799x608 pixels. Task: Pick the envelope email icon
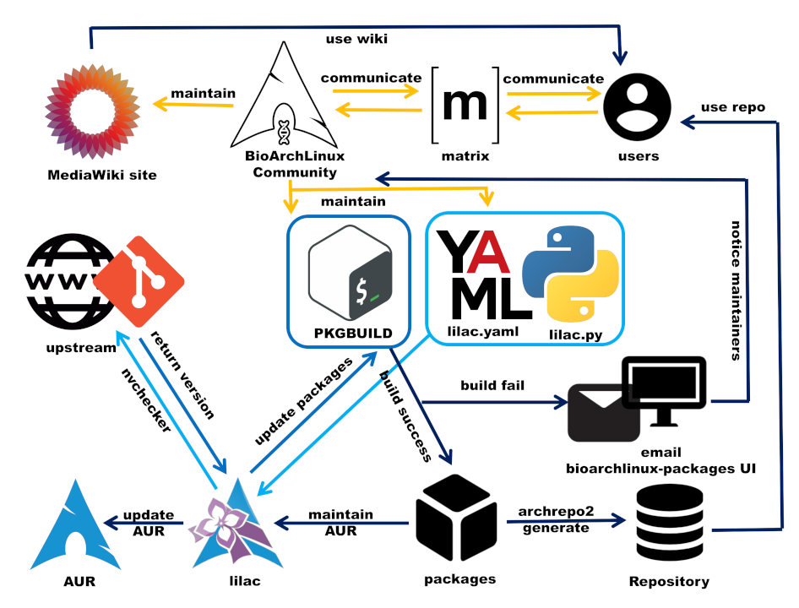602,412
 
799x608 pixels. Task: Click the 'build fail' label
494,386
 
